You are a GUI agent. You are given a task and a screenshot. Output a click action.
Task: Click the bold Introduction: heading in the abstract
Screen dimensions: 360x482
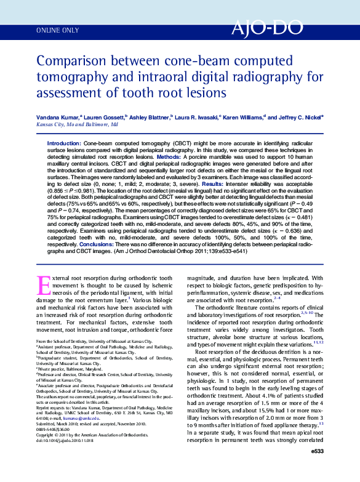tap(64, 143)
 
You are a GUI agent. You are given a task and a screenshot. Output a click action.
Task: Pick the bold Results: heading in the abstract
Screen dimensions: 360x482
tap(212, 183)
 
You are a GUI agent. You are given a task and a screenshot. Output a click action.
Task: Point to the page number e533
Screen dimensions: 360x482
tap(317, 469)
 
